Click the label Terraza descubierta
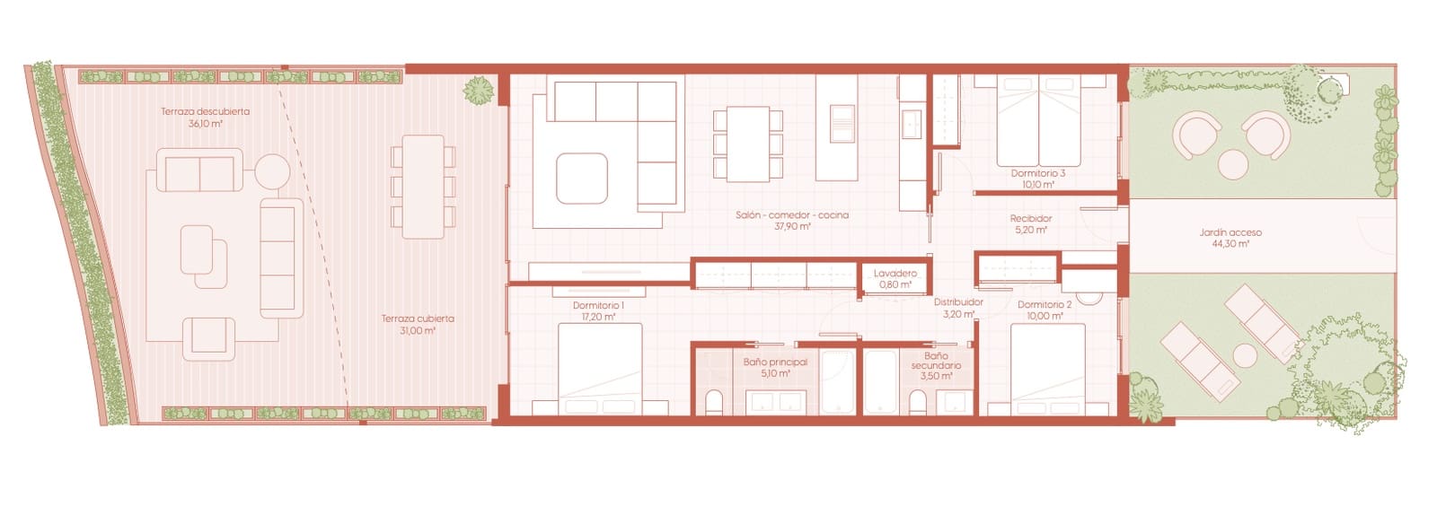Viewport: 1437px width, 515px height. [x=205, y=112]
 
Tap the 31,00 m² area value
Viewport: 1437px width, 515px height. [x=417, y=331]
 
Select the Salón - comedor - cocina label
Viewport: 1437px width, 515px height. [x=791, y=215]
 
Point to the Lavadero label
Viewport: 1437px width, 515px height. [x=895, y=274]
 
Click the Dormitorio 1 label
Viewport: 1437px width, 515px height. [x=598, y=306]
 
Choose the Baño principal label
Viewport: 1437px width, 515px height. [x=775, y=362]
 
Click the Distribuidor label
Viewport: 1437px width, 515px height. [x=957, y=302]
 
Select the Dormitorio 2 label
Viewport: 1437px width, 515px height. [x=1044, y=305]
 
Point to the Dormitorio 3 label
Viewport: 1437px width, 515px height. [x=1037, y=173]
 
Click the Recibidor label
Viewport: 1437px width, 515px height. [x=1030, y=218]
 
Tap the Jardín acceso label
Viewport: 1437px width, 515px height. [x=1230, y=232]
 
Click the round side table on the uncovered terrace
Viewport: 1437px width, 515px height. [x=271, y=171]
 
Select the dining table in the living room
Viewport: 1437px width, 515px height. [x=747, y=144]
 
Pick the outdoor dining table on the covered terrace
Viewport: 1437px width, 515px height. [x=422, y=187]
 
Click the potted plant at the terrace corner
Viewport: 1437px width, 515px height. [x=479, y=90]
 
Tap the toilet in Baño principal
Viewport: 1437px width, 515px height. [x=713, y=402]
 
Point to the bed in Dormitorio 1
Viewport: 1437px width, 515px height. [x=600, y=368]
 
